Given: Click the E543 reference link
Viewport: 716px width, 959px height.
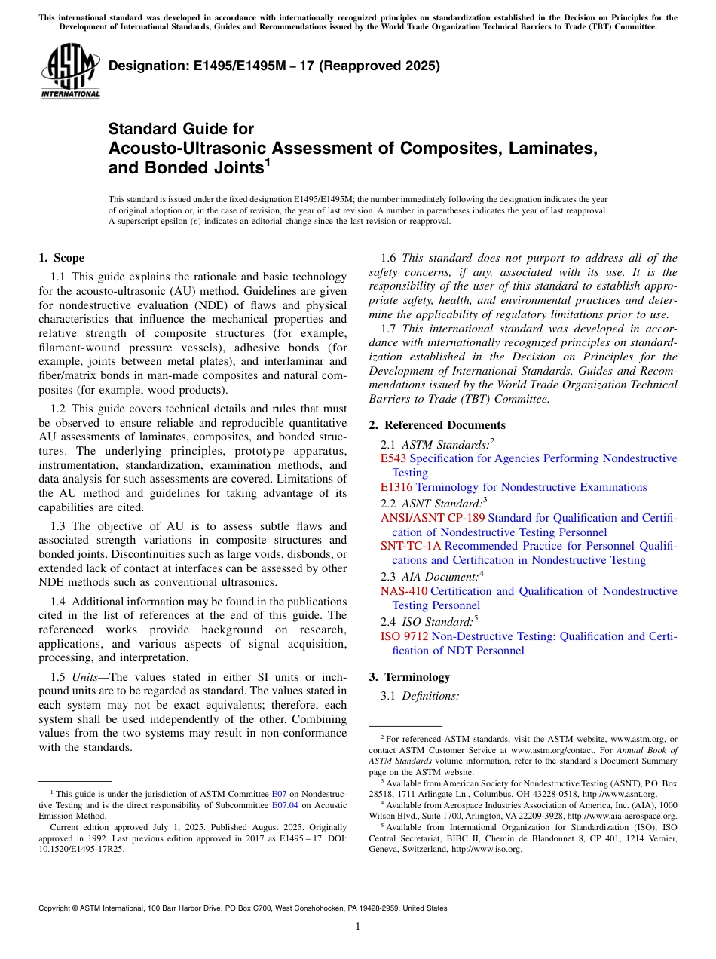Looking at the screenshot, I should coord(393,458).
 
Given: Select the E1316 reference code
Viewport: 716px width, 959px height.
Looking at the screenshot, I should coord(396,487).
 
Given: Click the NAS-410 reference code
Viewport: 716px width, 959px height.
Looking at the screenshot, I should coord(403,591).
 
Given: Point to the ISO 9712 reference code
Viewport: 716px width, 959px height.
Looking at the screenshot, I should coord(404,636).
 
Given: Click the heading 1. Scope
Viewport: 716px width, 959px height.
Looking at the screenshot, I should coord(61,258).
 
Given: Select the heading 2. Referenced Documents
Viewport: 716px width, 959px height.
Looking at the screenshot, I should coord(437,425).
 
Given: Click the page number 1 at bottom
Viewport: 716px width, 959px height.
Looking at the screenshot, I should coord(358,926).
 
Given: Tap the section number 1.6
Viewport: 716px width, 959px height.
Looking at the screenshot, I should coord(389,258).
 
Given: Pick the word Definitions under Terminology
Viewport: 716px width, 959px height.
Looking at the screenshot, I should coord(431,696).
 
